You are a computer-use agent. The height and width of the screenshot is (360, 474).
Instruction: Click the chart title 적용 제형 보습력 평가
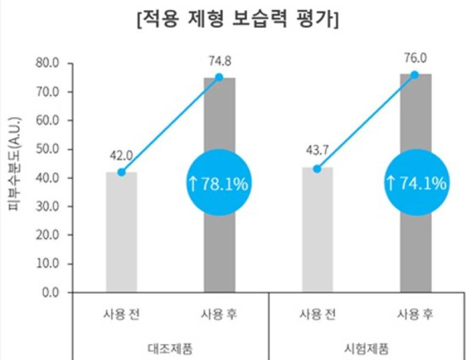click(x=238, y=21)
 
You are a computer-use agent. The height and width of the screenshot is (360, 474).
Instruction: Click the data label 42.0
click(x=121, y=156)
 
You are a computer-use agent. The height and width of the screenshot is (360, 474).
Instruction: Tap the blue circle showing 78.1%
click(x=219, y=183)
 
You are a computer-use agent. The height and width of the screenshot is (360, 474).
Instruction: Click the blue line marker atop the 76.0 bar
click(x=415, y=75)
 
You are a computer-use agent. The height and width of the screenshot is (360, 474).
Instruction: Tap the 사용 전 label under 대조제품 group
click(x=121, y=314)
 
